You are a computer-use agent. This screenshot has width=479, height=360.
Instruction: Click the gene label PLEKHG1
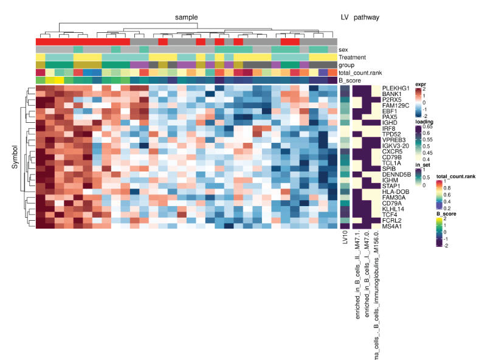396,88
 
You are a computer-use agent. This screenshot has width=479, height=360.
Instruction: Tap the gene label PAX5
389,116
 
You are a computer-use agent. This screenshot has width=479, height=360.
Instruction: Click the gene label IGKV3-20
395,145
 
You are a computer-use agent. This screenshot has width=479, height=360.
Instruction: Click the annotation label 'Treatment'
353,57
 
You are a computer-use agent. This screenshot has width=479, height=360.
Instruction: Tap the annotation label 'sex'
343,49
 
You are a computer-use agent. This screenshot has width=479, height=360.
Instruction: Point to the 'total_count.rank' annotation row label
360,72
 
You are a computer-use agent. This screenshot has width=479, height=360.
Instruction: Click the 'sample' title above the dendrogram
186,18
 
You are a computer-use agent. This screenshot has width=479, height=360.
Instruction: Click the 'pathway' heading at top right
367,18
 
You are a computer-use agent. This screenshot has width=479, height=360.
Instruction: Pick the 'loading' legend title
424,122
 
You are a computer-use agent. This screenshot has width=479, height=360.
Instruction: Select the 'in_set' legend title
422,165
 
